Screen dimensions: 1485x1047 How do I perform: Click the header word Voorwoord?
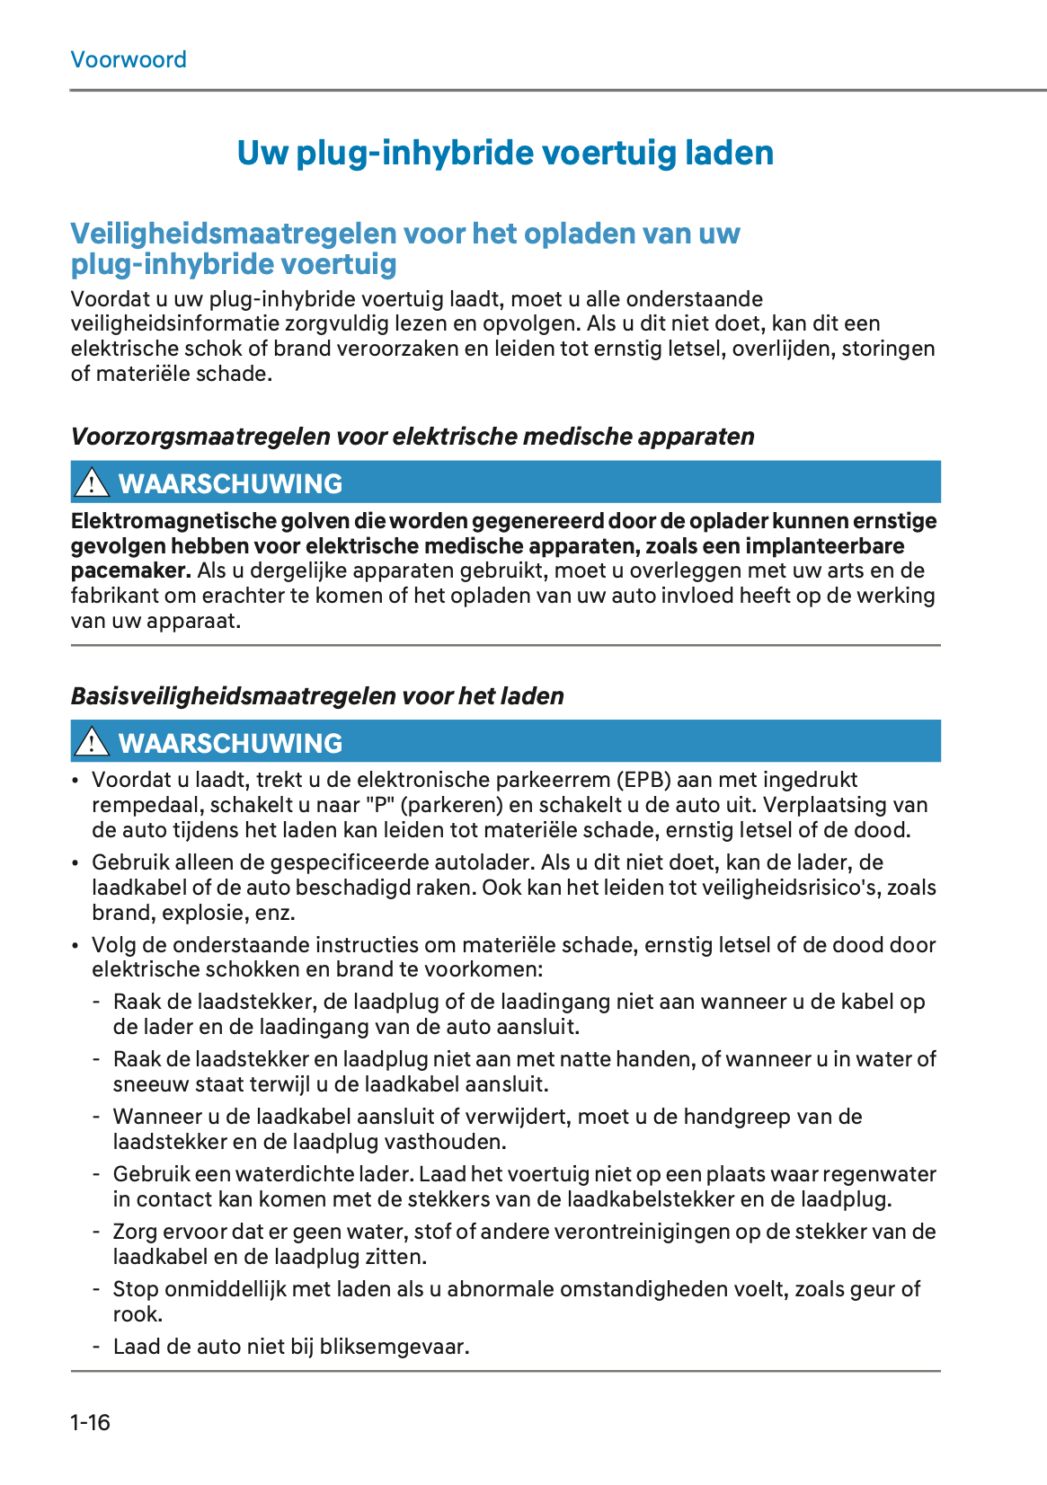coord(129,60)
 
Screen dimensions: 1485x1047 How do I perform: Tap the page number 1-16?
coord(90,1422)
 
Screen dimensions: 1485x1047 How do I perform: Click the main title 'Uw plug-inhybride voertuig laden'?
coord(505,154)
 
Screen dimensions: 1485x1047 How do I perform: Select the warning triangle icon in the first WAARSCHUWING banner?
coord(91,483)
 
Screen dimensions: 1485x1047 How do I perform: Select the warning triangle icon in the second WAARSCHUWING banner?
coord(91,742)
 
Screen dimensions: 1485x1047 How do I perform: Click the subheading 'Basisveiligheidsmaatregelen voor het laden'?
coord(317,696)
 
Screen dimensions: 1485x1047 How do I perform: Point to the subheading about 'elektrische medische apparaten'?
coord(413,437)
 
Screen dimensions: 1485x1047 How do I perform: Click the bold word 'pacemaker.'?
coord(131,570)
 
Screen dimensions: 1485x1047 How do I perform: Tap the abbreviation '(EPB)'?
coord(644,780)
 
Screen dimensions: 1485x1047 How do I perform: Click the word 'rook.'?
coord(138,1314)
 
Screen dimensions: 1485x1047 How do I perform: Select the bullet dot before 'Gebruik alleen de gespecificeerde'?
coord(76,863)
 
